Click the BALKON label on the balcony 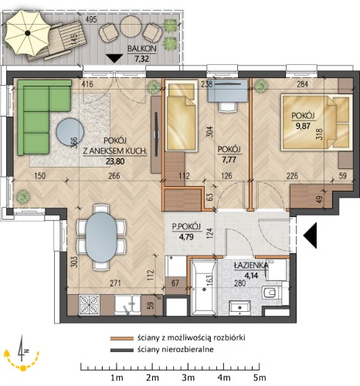click(x=142, y=49)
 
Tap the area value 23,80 click(x=115, y=161)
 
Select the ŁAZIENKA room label click(x=251, y=266)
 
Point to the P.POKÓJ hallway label click(x=186, y=227)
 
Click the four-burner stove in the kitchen click(x=89, y=304)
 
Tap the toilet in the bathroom click(x=272, y=293)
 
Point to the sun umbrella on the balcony click(x=28, y=32)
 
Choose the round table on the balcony click(x=131, y=27)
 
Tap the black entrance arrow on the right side click(x=310, y=235)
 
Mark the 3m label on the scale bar click(x=188, y=378)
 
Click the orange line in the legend click(x=122, y=338)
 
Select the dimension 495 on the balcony click(x=91, y=19)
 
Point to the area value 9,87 click(x=303, y=126)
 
